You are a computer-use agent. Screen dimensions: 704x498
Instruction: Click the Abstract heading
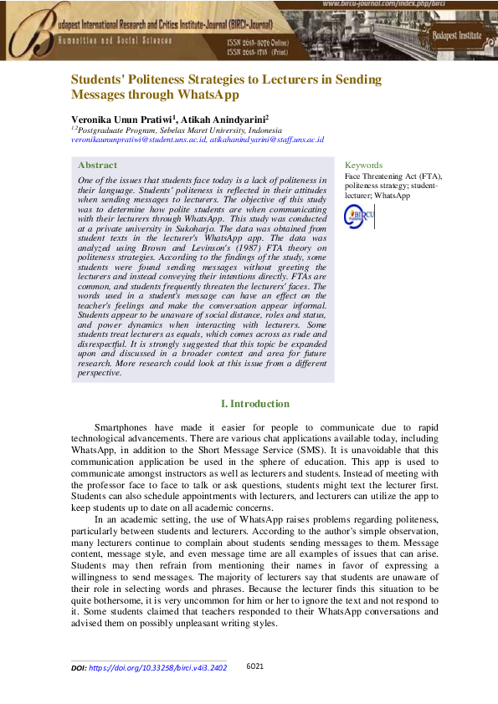click(x=96, y=166)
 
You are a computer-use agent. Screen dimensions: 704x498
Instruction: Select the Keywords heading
click(x=363, y=166)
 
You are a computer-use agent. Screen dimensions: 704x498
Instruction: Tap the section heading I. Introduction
click(x=254, y=404)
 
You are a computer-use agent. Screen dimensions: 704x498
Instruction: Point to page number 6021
click(x=256, y=666)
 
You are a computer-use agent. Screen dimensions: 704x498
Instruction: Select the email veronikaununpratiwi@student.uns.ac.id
click(x=138, y=140)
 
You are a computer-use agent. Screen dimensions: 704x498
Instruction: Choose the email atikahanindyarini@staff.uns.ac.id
click(x=266, y=140)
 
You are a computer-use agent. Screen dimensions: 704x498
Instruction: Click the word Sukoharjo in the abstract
click(x=197, y=238)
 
